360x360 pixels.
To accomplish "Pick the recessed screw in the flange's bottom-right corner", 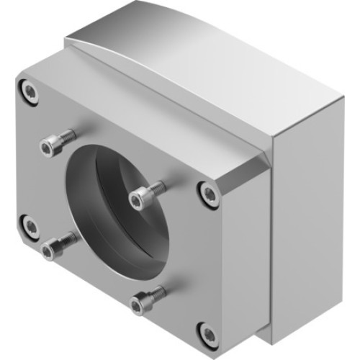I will tap(208, 334).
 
